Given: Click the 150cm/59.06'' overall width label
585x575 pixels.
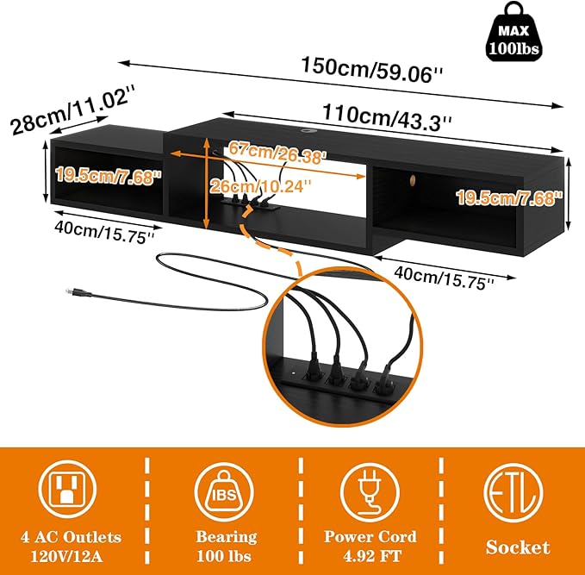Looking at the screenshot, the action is pyautogui.click(x=371, y=70).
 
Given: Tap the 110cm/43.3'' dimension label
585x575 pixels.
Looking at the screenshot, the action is pyautogui.click(x=387, y=117).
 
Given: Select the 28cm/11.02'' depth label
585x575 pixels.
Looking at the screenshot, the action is pyautogui.click(x=72, y=109).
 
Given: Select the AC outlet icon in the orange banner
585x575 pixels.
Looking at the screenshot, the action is pyautogui.click(x=67, y=489).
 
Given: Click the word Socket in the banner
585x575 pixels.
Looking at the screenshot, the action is pyautogui.click(x=518, y=547).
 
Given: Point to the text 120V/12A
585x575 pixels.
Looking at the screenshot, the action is pyautogui.click(x=66, y=557).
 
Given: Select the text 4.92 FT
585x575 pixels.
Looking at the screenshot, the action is pyautogui.click(x=372, y=556).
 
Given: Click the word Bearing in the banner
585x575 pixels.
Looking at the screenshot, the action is pyautogui.click(x=227, y=537).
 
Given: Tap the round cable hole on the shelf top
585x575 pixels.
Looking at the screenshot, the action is pyautogui.click(x=308, y=131).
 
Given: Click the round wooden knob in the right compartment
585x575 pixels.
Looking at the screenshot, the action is pyautogui.click(x=412, y=180).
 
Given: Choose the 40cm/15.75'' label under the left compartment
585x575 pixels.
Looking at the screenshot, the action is pyautogui.click(x=104, y=232).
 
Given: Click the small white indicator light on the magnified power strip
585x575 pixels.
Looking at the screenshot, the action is pyautogui.click(x=294, y=372).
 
